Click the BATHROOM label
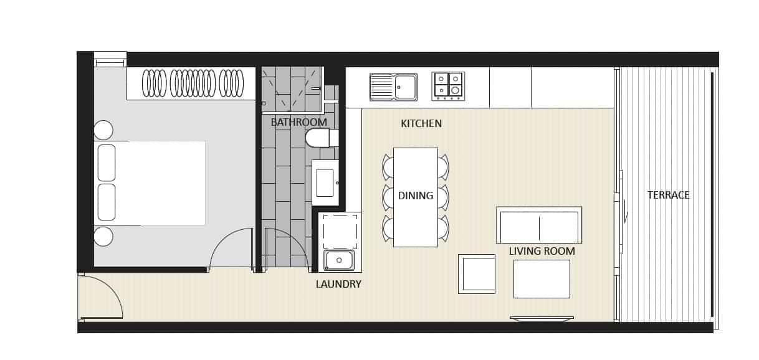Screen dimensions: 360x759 [298, 122]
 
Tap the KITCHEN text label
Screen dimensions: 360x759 [421, 124]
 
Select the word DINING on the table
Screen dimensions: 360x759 [416, 196]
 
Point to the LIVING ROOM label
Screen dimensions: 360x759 [542, 252]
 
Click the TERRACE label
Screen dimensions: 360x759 [668, 195]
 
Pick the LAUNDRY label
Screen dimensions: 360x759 [338, 285]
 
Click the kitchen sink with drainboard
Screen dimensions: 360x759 [393, 87]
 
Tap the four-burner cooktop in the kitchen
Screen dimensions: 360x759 [448, 86]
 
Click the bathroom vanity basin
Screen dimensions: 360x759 [325, 182]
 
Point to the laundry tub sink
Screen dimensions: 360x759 [339, 260]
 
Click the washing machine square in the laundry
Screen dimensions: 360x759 [340, 231]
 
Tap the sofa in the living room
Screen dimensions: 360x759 [539, 225]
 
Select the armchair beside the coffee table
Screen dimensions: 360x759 [477, 273]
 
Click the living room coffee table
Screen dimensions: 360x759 [542, 278]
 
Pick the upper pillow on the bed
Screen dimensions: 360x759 [107, 163]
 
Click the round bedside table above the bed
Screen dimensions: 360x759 [103, 130]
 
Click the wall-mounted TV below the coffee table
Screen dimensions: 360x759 [542, 318]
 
